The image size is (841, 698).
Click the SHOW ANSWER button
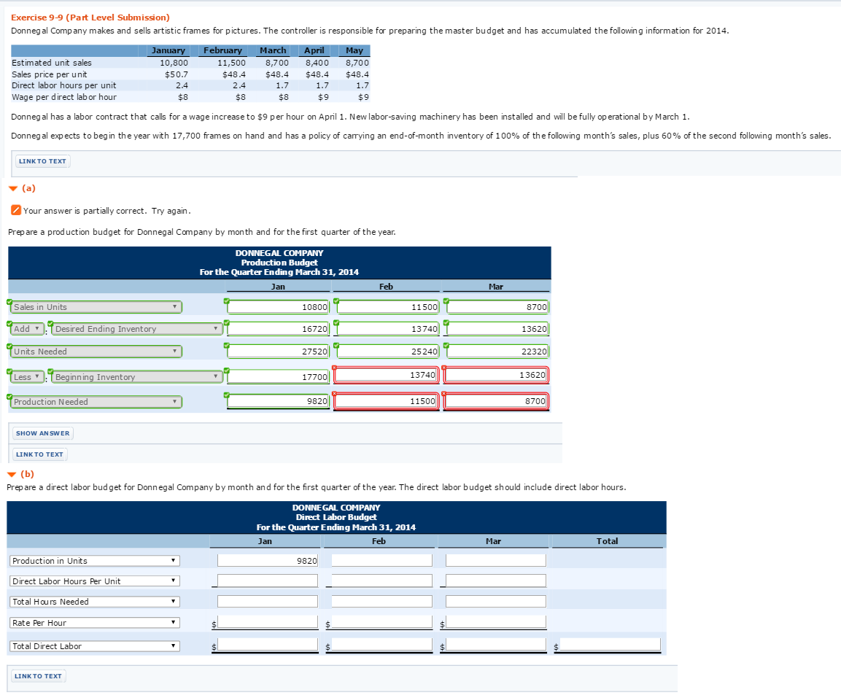[x=42, y=433]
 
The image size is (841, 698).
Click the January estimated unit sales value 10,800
[x=174, y=63]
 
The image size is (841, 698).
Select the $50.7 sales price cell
[x=177, y=74]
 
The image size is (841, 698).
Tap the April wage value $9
[x=323, y=96]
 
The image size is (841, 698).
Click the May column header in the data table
[x=354, y=50]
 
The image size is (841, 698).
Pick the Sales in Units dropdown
[x=96, y=307]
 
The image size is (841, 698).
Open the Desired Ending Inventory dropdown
[x=137, y=329]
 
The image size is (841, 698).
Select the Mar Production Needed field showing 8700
[x=496, y=401]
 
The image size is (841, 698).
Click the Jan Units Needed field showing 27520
[x=278, y=352]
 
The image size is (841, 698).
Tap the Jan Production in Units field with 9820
[x=268, y=561]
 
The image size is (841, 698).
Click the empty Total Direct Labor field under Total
[x=611, y=645]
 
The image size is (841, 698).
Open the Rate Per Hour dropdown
[x=94, y=623]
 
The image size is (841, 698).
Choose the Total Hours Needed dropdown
[x=94, y=602]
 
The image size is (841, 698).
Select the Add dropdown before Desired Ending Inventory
[x=27, y=329]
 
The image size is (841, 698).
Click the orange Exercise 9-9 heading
[x=90, y=17]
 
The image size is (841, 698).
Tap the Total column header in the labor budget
[x=607, y=541]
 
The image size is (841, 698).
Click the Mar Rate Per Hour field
[x=496, y=624]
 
